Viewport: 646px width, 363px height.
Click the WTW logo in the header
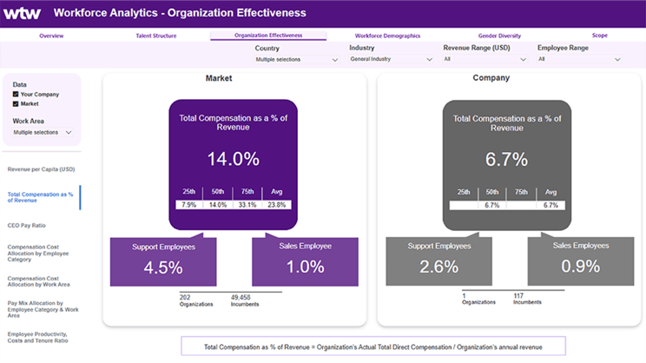point(23,13)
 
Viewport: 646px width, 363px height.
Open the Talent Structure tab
point(156,36)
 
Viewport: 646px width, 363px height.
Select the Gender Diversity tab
point(498,36)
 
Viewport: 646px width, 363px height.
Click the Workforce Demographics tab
point(387,36)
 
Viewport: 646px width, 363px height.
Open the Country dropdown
point(296,60)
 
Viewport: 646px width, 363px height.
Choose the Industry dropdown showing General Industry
point(391,60)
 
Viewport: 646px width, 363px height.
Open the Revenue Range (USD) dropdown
point(484,60)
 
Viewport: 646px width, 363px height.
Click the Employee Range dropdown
point(579,60)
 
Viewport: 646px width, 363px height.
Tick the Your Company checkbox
point(16,94)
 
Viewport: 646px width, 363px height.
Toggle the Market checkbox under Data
point(16,103)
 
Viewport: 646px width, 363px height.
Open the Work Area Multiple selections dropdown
point(43,133)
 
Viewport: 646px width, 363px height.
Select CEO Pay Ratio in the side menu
point(26,225)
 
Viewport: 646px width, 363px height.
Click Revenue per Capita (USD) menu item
point(41,169)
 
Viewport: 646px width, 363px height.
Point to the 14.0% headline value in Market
point(233,159)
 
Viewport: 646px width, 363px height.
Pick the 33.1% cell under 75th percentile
point(248,205)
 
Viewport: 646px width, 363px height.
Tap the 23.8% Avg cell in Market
point(277,205)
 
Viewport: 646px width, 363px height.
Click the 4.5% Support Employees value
point(163,267)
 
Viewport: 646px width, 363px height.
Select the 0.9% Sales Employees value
point(579,267)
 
